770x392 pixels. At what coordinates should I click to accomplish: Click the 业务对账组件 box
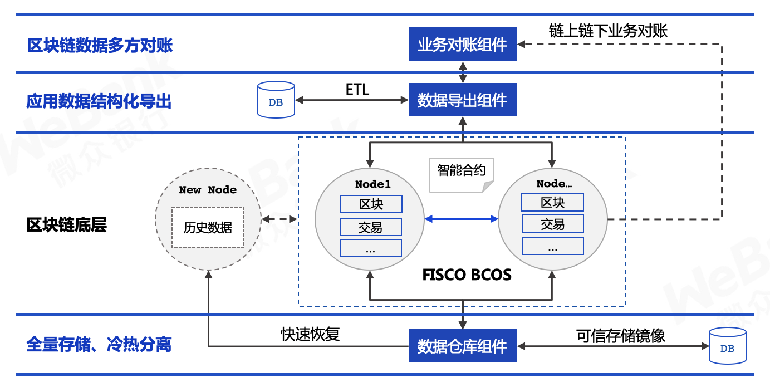(462, 45)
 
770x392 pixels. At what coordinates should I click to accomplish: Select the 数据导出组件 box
(462, 100)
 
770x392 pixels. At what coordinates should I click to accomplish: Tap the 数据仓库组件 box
(462, 346)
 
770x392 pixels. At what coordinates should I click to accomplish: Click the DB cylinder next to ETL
(276, 100)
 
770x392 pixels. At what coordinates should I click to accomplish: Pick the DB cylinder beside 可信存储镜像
(727, 346)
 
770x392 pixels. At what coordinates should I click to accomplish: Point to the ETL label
(357, 90)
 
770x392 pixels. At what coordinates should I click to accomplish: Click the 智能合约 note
(462, 175)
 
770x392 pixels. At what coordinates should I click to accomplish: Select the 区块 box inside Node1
(371, 204)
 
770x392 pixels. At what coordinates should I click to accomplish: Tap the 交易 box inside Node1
(371, 227)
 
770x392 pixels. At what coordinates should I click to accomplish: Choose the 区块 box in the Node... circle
(552, 203)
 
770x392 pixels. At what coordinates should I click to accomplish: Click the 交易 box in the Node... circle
(552, 224)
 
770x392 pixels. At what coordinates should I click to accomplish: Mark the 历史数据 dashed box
(208, 227)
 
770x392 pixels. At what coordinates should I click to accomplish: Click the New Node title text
(208, 189)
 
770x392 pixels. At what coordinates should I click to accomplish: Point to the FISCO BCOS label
(467, 275)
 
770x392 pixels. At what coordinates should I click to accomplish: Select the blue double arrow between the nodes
(461, 219)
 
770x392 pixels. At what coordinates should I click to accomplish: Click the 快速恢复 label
(311, 334)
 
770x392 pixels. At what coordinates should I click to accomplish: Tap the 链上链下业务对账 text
(608, 31)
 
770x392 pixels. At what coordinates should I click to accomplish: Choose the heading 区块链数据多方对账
(100, 46)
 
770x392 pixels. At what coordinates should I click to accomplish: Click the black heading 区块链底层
(67, 225)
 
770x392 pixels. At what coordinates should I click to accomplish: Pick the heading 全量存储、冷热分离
(99, 344)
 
